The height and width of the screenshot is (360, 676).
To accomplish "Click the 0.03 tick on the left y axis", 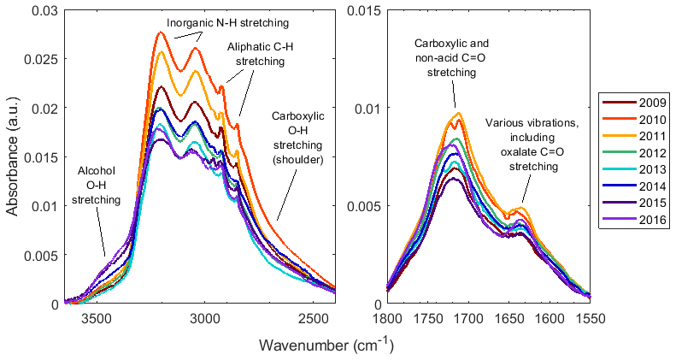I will [44, 9].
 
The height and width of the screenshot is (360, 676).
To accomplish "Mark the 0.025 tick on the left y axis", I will [44, 59].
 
